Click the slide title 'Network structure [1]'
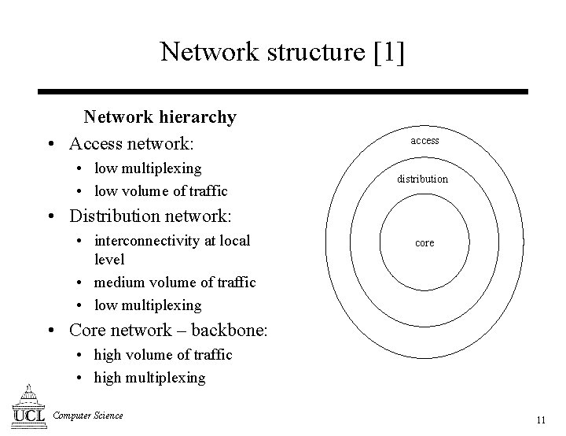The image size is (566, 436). click(282, 52)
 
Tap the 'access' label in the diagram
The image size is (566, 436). click(424, 140)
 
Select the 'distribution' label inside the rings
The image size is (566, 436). click(422, 179)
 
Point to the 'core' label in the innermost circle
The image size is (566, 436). click(424, 242)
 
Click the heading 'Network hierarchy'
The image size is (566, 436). click(160, 117)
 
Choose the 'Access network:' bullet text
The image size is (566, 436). click(131, 144)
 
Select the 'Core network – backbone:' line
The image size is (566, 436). click(169, 330)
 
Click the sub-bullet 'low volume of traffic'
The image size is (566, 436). click(160, 190)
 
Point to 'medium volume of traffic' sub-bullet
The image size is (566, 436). click(175, 282)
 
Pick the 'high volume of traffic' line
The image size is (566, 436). click(163, 355)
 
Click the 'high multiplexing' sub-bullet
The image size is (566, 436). click(149, 378)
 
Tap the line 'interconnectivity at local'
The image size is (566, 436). click(171, 241)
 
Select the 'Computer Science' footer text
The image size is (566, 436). click(88, 416)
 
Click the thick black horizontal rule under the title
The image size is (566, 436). click(282, 91)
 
